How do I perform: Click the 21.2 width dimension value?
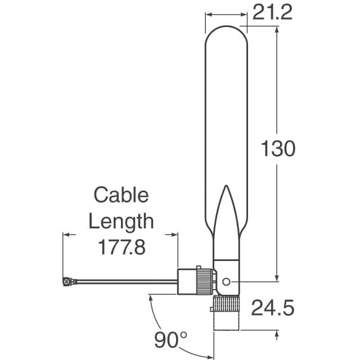[x=272, y=12]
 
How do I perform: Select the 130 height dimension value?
[x=278, y=148]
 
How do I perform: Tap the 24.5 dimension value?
[x=273, y=308]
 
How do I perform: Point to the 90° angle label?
[x=170, y=340]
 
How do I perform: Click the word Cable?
[x=121, y=195]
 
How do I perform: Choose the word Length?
[x=121, y=222]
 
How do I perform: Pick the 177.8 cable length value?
[x=121, y=247]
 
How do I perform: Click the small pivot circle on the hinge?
[x=226, y=282]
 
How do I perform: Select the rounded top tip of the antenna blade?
[x=226, y=26]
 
